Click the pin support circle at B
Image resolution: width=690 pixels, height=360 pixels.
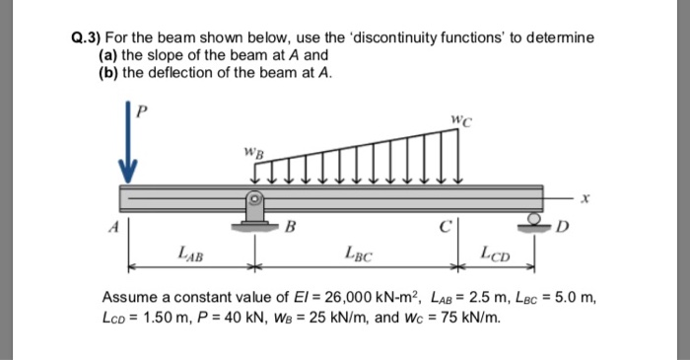(253, 197)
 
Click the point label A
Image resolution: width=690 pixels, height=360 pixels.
(112, 224)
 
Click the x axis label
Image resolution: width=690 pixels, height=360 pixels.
(585, 197)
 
